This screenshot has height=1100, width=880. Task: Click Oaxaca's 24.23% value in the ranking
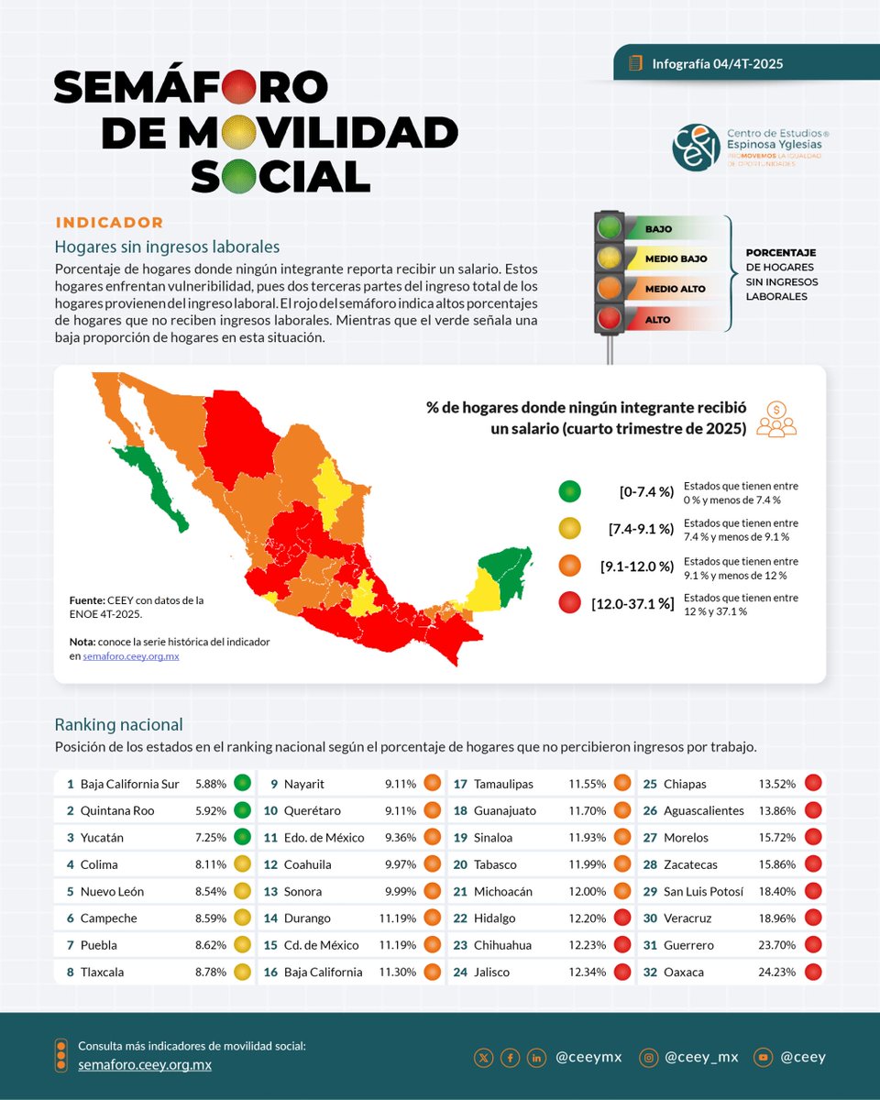(775, 972)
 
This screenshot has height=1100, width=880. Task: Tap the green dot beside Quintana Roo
(242, 810)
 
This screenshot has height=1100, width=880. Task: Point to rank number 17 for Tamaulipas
(460, 784)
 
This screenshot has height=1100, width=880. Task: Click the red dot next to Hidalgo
(622, 918)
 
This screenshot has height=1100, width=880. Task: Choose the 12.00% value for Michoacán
(587, 891)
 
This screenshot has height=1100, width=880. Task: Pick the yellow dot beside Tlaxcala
(242, 972)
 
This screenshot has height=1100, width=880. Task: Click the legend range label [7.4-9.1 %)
(641, 529)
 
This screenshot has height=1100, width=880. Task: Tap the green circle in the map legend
(570, 491)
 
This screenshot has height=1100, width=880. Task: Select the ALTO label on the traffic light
(658, 320)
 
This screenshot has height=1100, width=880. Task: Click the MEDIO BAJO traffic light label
(676, 259)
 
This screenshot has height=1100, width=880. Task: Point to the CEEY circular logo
(696, 147)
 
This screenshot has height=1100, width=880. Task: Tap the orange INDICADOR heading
(109, 223)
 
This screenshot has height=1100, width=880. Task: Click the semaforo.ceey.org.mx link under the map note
(131, 656)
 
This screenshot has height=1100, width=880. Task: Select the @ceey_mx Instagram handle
(701, 1057)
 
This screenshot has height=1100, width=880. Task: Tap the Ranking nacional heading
(118, 724)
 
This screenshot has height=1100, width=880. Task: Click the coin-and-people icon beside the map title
(776, 419)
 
